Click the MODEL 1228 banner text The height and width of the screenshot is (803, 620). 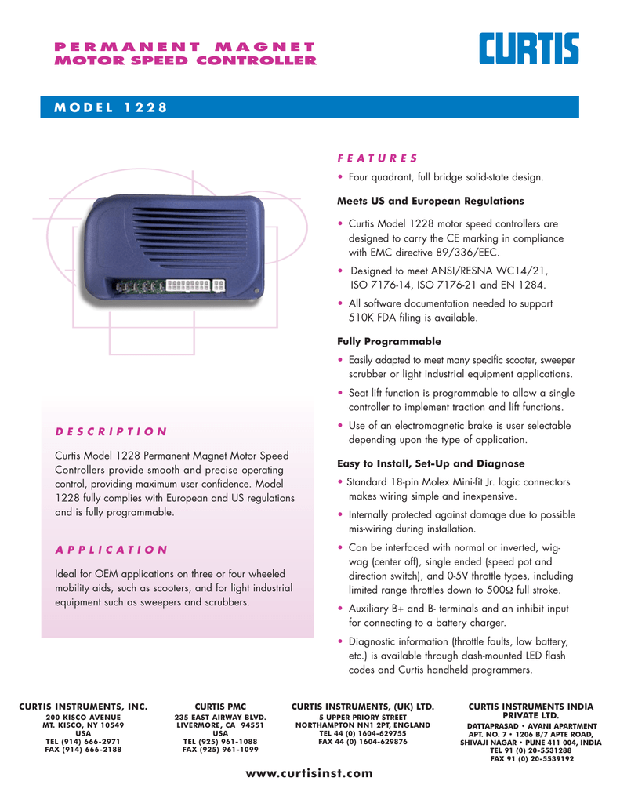tap(110, 107)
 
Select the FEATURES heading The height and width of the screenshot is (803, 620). tap(377, 158)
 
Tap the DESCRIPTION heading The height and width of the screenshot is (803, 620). tap(111, 431)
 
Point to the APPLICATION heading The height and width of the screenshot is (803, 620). tap(111, 549)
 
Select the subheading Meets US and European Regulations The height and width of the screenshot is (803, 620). tap(419, 201)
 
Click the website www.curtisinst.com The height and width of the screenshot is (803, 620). tap(310, 773)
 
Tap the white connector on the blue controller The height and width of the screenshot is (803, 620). tap(189, 285)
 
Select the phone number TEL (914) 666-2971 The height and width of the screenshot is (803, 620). tap(82, 741)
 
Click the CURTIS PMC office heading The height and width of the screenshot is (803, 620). tap(220, 707)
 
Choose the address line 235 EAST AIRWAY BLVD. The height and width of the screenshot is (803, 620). tap(220, 718)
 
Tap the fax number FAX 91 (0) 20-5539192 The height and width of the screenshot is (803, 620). tap(531, 758)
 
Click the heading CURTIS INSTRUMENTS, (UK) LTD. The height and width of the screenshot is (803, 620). tap(362, 707)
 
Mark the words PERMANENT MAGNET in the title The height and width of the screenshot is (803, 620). tap(184, 47)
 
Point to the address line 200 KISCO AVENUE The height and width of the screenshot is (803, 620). tap(82, 718)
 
